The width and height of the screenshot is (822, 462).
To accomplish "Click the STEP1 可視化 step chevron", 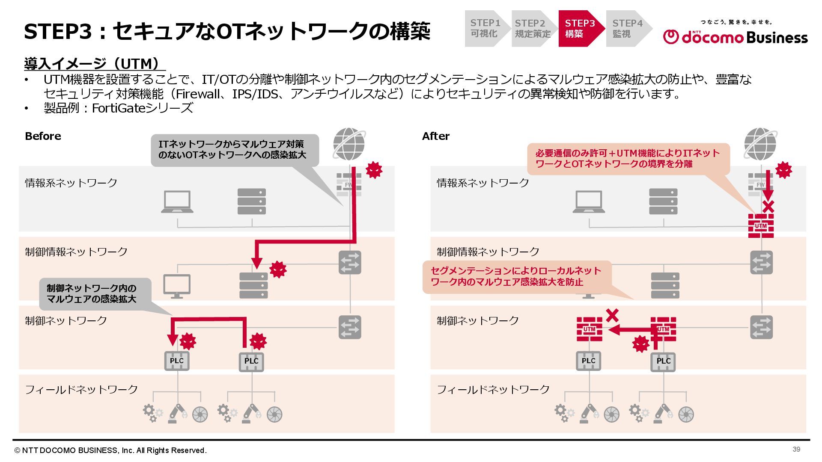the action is click(486, 28).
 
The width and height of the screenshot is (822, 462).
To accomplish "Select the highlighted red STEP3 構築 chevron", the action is click(580, 28).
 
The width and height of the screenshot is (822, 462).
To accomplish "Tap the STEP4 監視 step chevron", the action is click(628, 28).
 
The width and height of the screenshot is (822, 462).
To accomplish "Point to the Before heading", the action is click(43, 136).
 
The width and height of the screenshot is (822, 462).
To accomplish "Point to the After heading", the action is click(435, 136).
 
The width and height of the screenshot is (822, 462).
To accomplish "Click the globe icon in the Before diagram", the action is click(349, 144).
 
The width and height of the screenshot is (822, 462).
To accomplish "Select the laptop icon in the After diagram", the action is click(589, 201).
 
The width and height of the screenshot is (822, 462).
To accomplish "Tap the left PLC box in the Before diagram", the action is click(177, 361).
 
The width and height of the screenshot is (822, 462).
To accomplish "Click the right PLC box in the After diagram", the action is click(663, 361).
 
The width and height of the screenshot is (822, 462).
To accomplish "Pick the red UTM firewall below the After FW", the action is click(761, 225).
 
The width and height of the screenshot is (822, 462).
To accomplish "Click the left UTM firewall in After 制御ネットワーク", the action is click(589, 329).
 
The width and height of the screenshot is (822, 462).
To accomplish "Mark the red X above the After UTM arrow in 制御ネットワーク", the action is click(612, 315).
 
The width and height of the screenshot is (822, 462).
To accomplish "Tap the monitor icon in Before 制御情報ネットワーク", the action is click(177, 286).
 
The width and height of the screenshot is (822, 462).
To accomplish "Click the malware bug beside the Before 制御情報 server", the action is click(278, 269).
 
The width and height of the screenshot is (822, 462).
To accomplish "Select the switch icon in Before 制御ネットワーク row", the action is click(350, 327).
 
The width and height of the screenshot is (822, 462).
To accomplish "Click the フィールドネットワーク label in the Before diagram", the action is click(81, 389).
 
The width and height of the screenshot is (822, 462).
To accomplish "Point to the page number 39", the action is click(796, 449).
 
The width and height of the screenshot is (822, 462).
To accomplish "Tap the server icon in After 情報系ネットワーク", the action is click(663, 201).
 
